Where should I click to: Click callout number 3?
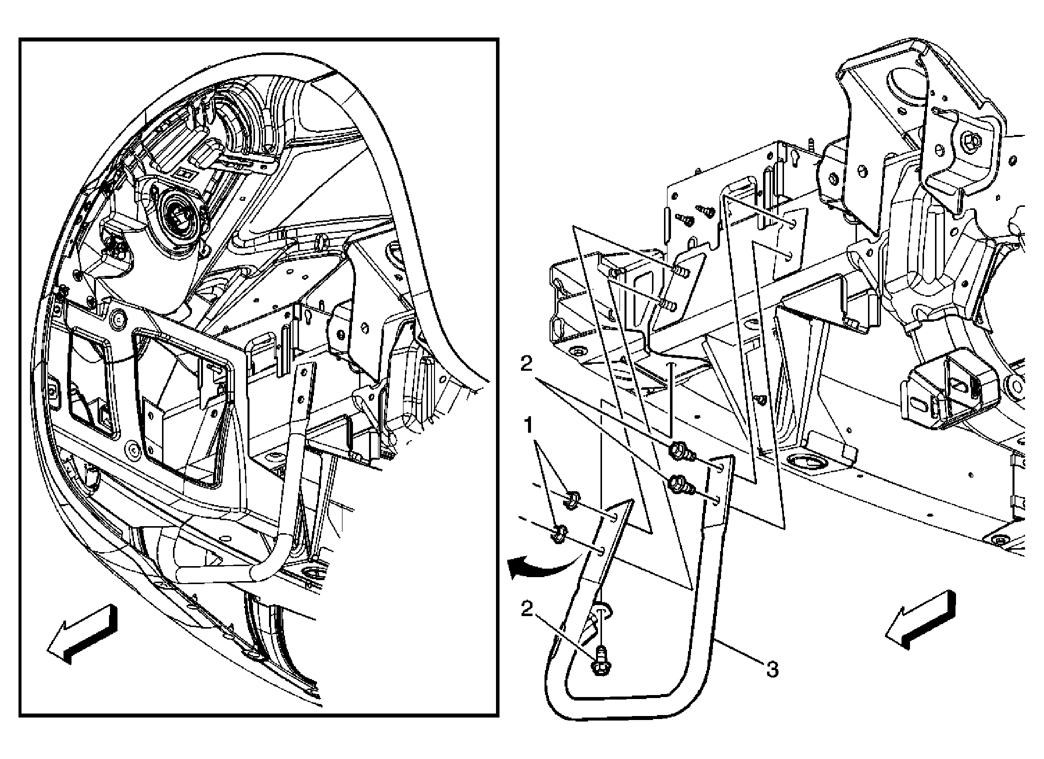coord(773,669)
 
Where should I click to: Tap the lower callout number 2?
coord(527,609)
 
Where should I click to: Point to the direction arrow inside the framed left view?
coord(82,635)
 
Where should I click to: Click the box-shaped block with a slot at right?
coord(940,397)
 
